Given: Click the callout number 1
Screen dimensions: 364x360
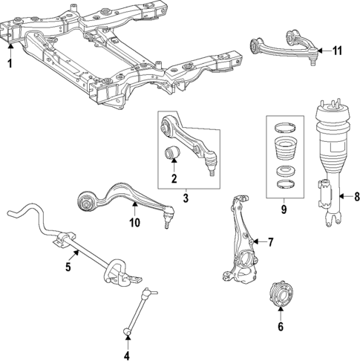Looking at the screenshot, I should tap(10, 64).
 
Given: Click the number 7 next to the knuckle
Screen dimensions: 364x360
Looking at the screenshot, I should tap(270, 242).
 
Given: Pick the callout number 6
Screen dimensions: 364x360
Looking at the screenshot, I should tap(281, 326).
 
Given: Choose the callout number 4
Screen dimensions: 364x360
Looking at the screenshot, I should tap(127, 353).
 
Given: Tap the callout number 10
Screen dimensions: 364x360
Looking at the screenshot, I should tap(134, 223).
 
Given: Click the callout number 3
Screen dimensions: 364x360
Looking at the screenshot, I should tap(186, 199).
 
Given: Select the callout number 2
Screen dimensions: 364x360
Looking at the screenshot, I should tap(174, 178).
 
